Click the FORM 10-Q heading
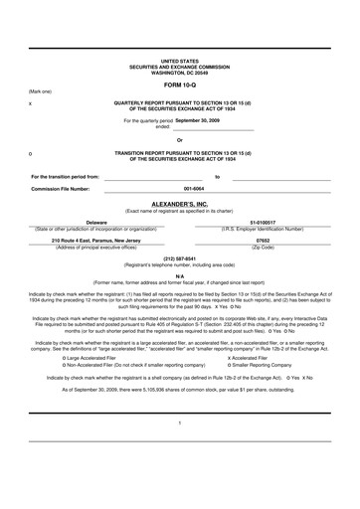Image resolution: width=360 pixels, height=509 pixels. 180,84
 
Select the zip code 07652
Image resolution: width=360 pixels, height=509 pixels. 263,240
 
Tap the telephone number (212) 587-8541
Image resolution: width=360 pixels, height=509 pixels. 180,259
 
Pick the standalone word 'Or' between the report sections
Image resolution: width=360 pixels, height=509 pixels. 179,140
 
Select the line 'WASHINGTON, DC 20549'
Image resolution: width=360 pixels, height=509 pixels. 179,72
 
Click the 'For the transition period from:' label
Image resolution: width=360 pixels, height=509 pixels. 66,176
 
